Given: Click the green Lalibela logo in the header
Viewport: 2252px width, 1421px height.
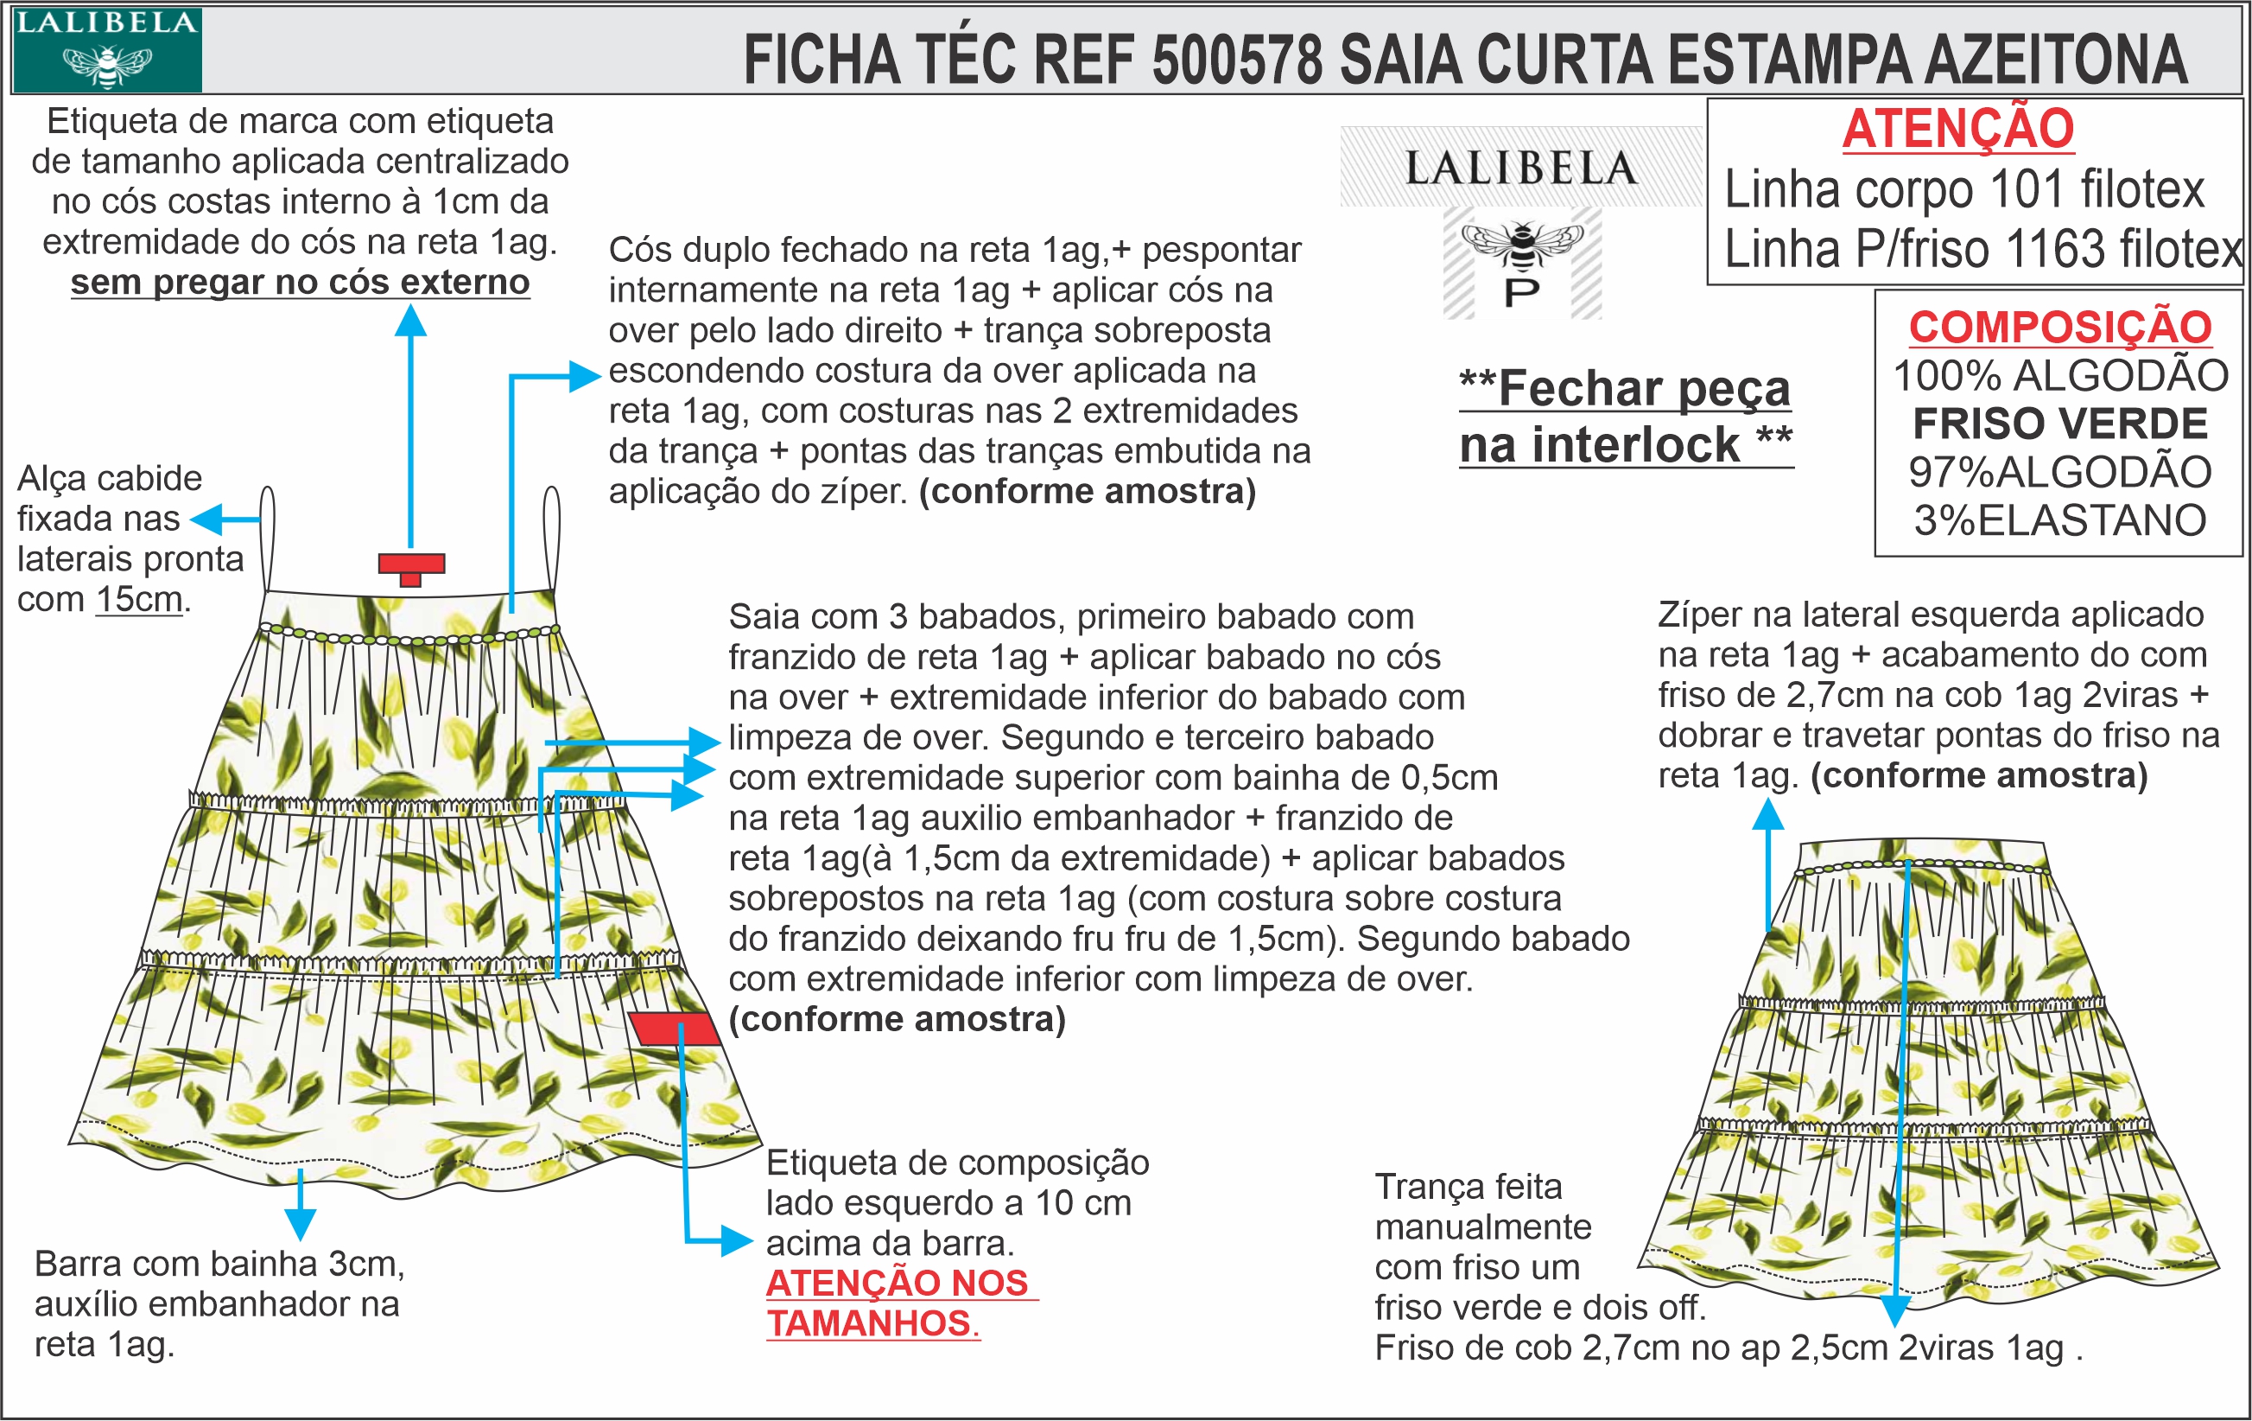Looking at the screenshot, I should (106, 49).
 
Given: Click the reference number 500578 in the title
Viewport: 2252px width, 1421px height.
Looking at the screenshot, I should (1237, 60).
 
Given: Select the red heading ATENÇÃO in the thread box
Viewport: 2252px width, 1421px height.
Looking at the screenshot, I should (1958, 129).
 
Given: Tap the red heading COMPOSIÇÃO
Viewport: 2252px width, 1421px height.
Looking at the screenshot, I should (2059, 328).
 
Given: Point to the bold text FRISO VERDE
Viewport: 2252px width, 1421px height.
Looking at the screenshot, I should (2059, 424).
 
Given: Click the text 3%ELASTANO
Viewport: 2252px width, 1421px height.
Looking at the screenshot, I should (2059, 520).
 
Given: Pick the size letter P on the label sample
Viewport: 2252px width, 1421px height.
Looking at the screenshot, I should (1521, 294).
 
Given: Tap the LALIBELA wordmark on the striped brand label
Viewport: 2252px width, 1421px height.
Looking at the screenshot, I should (1521, 169).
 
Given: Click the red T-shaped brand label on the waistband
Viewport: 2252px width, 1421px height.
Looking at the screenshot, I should (410, 566).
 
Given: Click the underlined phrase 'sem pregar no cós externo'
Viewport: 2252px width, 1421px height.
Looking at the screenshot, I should (301, 282).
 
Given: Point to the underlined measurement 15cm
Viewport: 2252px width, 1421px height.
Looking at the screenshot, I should (139, 599).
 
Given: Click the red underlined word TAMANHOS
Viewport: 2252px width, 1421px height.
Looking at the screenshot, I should (870, 1322).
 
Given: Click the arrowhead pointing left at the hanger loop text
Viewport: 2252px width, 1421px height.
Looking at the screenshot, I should (204, 519).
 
